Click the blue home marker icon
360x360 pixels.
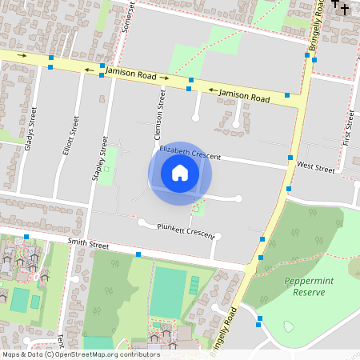[x=180, y=173]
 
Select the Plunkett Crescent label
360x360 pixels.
[x=186, y=230]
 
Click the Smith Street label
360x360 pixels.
[x=88, y=242]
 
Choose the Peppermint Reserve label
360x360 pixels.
[x=304, y=286]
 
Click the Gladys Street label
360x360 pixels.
[x=31, y=129]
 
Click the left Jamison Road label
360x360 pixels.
[x=135, y=75]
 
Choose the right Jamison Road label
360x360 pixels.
[x=244, y=94]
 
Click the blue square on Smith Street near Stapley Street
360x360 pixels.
[x=138, y=254]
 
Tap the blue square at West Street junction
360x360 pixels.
[x=290, y=158]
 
